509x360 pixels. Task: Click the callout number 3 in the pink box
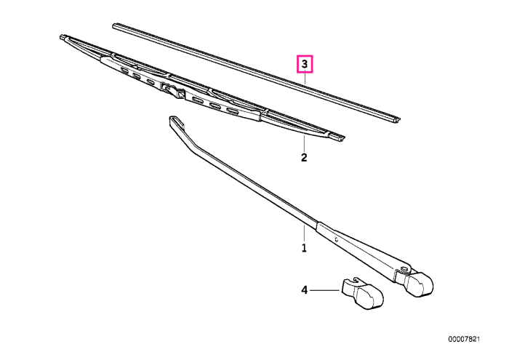[305, 64]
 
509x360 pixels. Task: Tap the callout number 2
[304, 157]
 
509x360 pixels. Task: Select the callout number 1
[304, 248]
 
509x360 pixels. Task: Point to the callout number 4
[304, 290]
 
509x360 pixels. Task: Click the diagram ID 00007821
[464, 339]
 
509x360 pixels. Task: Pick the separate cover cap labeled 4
[363, 293]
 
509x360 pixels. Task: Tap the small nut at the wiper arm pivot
[404, 269]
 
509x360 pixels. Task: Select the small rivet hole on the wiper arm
[337, 240]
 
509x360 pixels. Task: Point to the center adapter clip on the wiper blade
[172, 90]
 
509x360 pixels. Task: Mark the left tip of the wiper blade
[63, 37]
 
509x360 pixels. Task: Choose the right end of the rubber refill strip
[397, 120]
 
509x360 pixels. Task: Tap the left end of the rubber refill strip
[115, 25]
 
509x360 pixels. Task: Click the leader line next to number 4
[325, 290]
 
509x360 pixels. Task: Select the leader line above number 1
[304, 232]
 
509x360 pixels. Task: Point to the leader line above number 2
[304, 143]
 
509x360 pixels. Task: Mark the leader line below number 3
[305, 78]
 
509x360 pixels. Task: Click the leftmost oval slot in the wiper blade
[124, 70]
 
